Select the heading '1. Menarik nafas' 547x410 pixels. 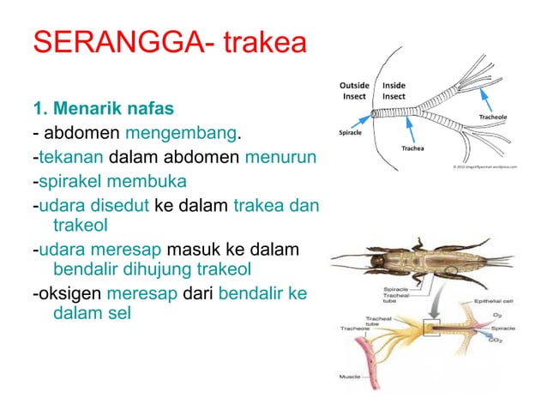tap(103, 109)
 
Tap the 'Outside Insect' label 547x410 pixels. tap(354, 91)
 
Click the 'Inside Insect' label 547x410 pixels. tap(394, 91)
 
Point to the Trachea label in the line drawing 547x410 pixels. tap(416, 148)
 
